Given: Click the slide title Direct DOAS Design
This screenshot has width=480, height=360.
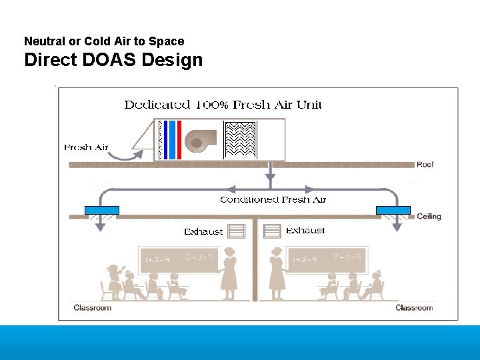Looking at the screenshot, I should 113,60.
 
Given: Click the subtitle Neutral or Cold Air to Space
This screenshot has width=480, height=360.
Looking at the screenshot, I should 104,41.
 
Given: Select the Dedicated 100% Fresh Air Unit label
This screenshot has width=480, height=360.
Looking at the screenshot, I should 223,105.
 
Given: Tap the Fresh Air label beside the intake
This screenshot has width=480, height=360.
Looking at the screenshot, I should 86,147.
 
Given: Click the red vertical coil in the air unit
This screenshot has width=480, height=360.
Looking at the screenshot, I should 179,140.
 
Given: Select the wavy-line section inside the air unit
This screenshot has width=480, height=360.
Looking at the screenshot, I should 241,140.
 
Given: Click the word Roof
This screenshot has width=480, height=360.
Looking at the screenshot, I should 425,164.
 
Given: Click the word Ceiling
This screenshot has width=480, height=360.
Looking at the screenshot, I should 429,217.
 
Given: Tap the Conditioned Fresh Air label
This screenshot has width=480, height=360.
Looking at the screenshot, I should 273,199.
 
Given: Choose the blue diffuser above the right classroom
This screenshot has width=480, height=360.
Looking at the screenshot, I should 393,210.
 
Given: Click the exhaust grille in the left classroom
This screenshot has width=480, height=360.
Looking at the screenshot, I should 237,231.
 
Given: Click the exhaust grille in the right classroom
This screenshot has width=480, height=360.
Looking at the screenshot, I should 272,231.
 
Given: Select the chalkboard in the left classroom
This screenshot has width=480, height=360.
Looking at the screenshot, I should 177,259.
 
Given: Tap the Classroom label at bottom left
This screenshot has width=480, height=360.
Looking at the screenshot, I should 93,308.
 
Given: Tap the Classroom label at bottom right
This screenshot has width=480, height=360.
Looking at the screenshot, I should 414,308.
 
